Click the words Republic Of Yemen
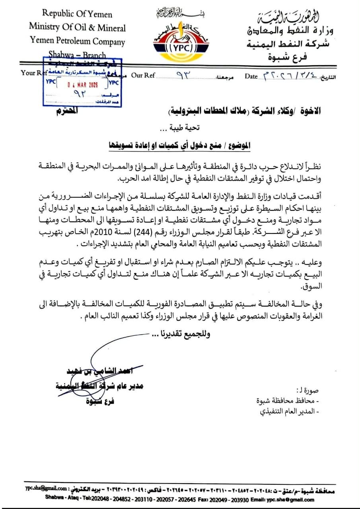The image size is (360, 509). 77,14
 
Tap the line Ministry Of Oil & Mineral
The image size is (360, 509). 77,27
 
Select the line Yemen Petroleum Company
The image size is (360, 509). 77,41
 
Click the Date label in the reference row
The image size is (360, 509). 251,76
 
